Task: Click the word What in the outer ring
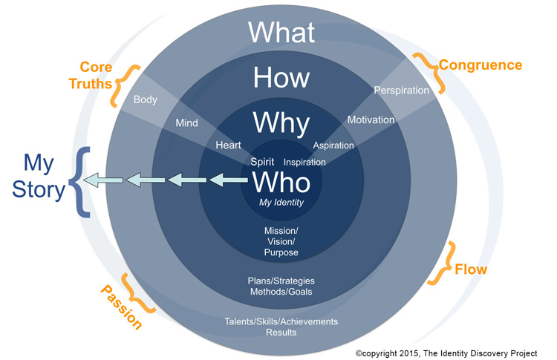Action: pyautogui.click(x=281, y=32)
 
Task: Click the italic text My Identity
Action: pyautogui.click(x=281, y=202)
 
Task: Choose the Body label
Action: pyautogui.click(x=145, y=99)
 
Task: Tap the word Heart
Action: pyautogui.click(x=228, y=145)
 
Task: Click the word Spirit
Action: pyautogui.click(x=263, y=160)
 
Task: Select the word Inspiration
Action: pyautogui.click(x=305, y=161)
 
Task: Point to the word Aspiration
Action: pyautogui.click(x=333, y=145)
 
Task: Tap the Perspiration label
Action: pyautogui.click(x=402, y=91)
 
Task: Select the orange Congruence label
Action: pyautogui.click(x=480, y=65)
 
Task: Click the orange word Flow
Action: pyautogui.click(x=472, y=269)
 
